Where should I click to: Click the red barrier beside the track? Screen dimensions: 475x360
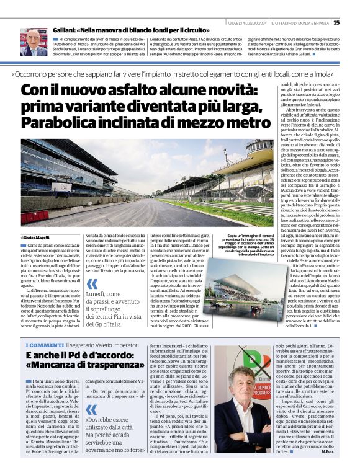35,217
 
